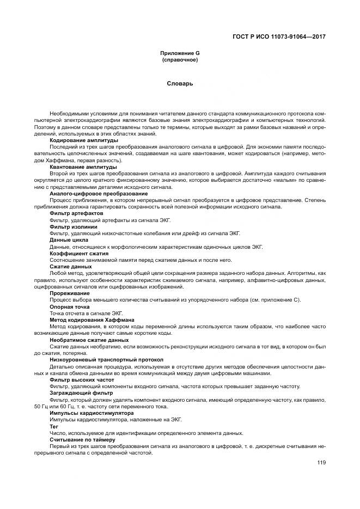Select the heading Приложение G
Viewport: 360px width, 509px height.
pos(180,53)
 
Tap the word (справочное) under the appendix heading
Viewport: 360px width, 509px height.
pos(180,59)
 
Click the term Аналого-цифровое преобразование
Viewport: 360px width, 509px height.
pos(91,194)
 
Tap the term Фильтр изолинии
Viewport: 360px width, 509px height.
pos(70,226)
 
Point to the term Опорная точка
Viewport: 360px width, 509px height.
pos(69,306)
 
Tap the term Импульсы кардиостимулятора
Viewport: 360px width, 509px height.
pos(84,413)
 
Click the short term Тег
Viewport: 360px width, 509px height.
pos(54,426)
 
